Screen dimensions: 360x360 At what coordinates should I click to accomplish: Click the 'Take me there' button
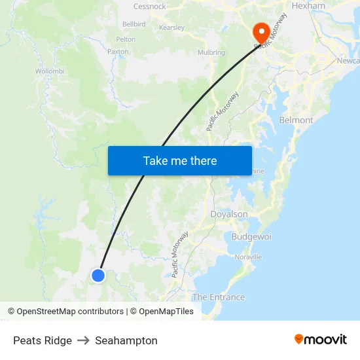click(x=180, y=160)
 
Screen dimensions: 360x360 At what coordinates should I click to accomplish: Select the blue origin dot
click(x=98, y=276)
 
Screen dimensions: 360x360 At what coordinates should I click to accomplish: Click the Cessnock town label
click(x=149, y=7)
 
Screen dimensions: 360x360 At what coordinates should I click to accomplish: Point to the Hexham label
click(x=308, y=6)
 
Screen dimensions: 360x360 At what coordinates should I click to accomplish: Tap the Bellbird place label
click(x=134, y=24)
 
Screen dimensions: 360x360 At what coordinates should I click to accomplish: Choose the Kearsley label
click(x=171, y=27)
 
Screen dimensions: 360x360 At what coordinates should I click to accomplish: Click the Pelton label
click(x=126, y=39)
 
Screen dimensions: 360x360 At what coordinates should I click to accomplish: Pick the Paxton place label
click(x=118, y=51)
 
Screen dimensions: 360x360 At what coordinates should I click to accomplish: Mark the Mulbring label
click(x=211, y=52)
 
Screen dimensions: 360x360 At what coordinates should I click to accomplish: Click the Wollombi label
click(x=49, y=71)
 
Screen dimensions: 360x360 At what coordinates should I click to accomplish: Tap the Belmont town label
click(x=296, y=120)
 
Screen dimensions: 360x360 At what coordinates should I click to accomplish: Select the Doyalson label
click(x=229, y=214)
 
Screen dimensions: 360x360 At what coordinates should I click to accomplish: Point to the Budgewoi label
click(x=251, y=236)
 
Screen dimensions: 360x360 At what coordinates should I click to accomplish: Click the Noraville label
click(x=248, y=257)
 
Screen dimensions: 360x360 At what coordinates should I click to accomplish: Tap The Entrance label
click(x=219, y=297)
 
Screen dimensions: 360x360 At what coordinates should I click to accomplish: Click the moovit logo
click(x=321, y=339)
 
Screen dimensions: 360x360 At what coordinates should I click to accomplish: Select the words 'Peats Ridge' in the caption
click(x=43, y=340)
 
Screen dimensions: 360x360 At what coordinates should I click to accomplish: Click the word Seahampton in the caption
click(x=126, y=340)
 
